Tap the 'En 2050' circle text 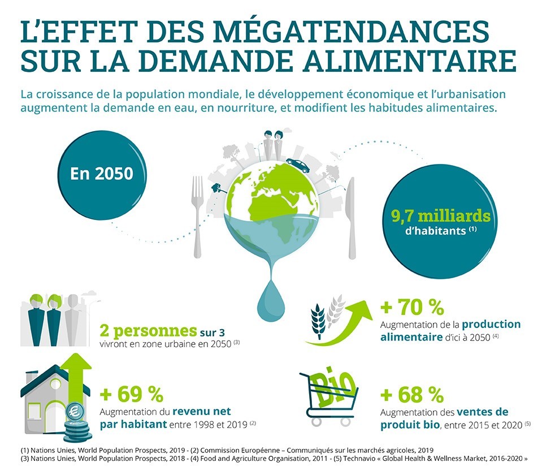coord(102,172)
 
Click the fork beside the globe coord(197,215)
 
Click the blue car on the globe coord(298,165)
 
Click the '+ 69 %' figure coord(131,392)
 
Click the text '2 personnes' coord(147,330)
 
